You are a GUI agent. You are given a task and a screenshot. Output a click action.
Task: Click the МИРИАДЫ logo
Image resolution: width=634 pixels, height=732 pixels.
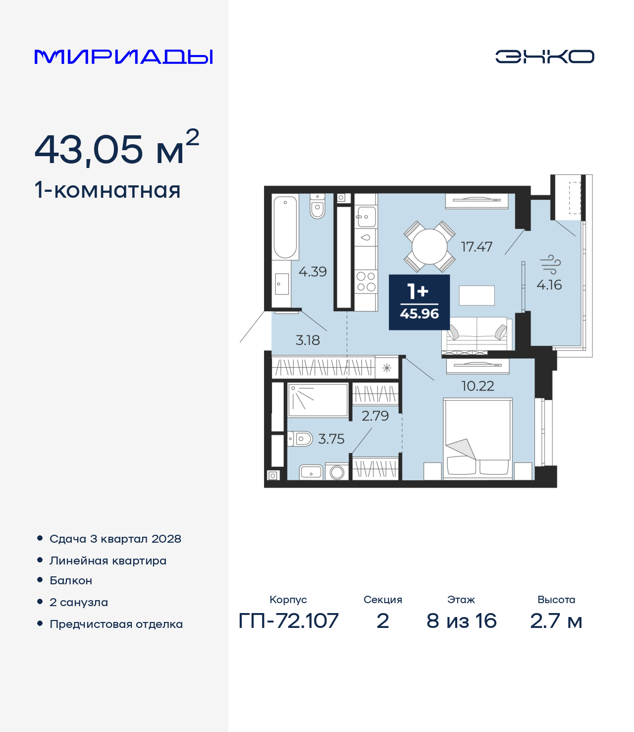(x=123, y=56)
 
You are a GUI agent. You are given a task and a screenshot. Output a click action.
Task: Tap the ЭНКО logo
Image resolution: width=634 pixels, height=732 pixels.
(x=544, y=56)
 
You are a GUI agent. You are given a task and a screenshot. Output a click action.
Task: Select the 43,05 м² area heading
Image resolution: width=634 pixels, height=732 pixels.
(x=117, y=148)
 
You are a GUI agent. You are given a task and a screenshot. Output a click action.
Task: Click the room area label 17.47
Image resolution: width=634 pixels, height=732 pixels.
(x=476, y=247)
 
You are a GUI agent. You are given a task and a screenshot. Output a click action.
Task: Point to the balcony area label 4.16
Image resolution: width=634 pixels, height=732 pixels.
(x=549, y=285)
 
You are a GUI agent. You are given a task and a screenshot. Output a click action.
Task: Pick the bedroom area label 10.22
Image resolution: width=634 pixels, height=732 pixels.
(x=477, y=386)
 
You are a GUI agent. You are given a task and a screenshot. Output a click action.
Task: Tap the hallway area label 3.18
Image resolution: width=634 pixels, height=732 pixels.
(x=308, y=340)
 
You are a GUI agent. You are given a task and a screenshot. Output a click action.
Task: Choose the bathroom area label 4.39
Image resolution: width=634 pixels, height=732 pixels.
(x=312, y=272)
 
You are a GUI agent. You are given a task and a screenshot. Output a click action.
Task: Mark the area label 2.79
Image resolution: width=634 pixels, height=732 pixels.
(x=375, y=416)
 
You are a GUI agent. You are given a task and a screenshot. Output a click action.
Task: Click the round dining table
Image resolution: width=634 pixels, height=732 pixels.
(x=429, y=246)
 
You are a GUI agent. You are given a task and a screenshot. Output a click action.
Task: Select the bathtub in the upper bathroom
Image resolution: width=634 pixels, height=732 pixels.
(x=285, y=227)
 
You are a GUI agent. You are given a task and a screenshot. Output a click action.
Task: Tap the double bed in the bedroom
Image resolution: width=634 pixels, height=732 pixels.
(x=477, y=439)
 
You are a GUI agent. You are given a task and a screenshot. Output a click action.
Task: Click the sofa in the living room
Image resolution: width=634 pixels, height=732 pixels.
(x=477, y=335)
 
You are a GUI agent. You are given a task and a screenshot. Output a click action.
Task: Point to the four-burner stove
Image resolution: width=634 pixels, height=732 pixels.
(x=366, y=282)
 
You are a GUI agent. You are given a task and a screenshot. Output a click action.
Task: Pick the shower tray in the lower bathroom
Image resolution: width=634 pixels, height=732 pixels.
(x=318, y=400)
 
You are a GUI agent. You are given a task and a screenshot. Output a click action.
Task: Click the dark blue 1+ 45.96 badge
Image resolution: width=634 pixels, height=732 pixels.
(x=419, y=302)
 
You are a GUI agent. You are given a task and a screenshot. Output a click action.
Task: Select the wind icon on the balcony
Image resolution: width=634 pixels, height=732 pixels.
(x=550, y=264)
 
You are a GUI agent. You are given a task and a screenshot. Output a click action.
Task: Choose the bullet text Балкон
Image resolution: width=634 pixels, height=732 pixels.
(x=71, y=581)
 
